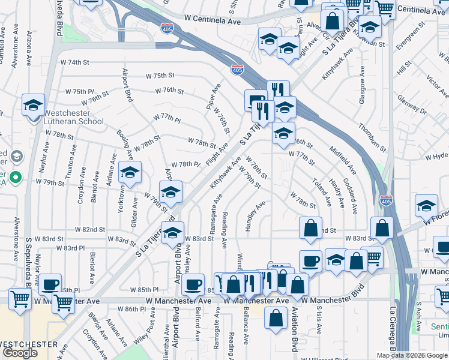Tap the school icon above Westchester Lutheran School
(34, 105)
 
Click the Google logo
(20, 353)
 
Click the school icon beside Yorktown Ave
(130, 173)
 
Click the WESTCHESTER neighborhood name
(29, 344)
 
